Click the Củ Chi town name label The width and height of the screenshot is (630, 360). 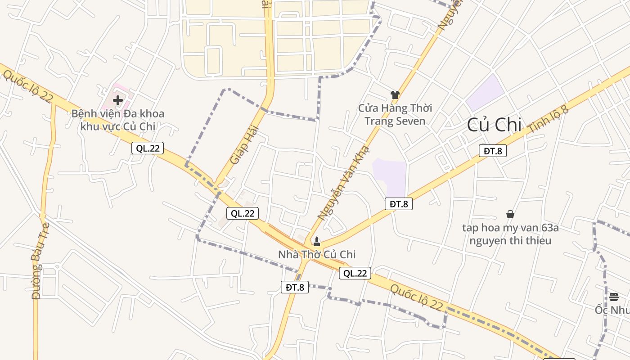[x=494, y=125]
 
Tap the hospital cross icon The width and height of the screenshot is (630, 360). [x=118, y=100]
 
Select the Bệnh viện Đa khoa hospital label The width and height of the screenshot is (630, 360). [x=118, y=120]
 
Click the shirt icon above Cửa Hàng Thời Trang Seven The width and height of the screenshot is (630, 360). [x=395, y=94]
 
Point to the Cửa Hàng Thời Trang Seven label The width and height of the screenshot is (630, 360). [x=395, y=114]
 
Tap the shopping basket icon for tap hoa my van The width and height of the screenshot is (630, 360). [x=510, y=214]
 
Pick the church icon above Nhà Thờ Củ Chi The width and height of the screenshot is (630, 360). [x=317, y=242]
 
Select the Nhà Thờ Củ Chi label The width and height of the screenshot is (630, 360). [x=317, y=255]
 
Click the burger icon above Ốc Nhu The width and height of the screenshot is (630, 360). [x=614, y=297]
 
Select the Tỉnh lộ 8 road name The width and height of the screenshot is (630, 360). [x=549, y=120]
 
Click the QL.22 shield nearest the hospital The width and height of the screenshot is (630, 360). [x=148, y=148]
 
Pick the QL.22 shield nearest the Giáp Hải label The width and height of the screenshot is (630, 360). [x=243, y=213]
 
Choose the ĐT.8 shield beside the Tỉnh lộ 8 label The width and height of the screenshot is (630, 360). [x=493, y=151]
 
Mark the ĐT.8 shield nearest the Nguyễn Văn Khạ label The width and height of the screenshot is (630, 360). [x=399, y=204]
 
